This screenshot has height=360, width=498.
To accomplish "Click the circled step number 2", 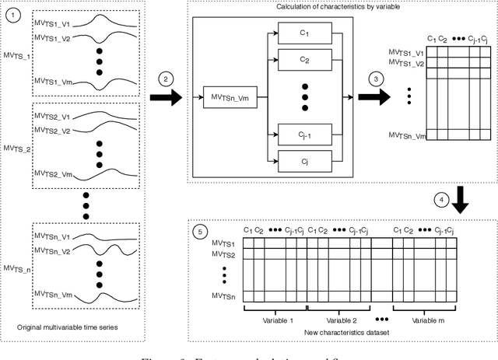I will [167, 79].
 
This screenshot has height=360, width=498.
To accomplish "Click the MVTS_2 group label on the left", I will [16, 147].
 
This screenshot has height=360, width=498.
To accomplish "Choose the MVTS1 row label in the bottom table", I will [226, 244].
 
